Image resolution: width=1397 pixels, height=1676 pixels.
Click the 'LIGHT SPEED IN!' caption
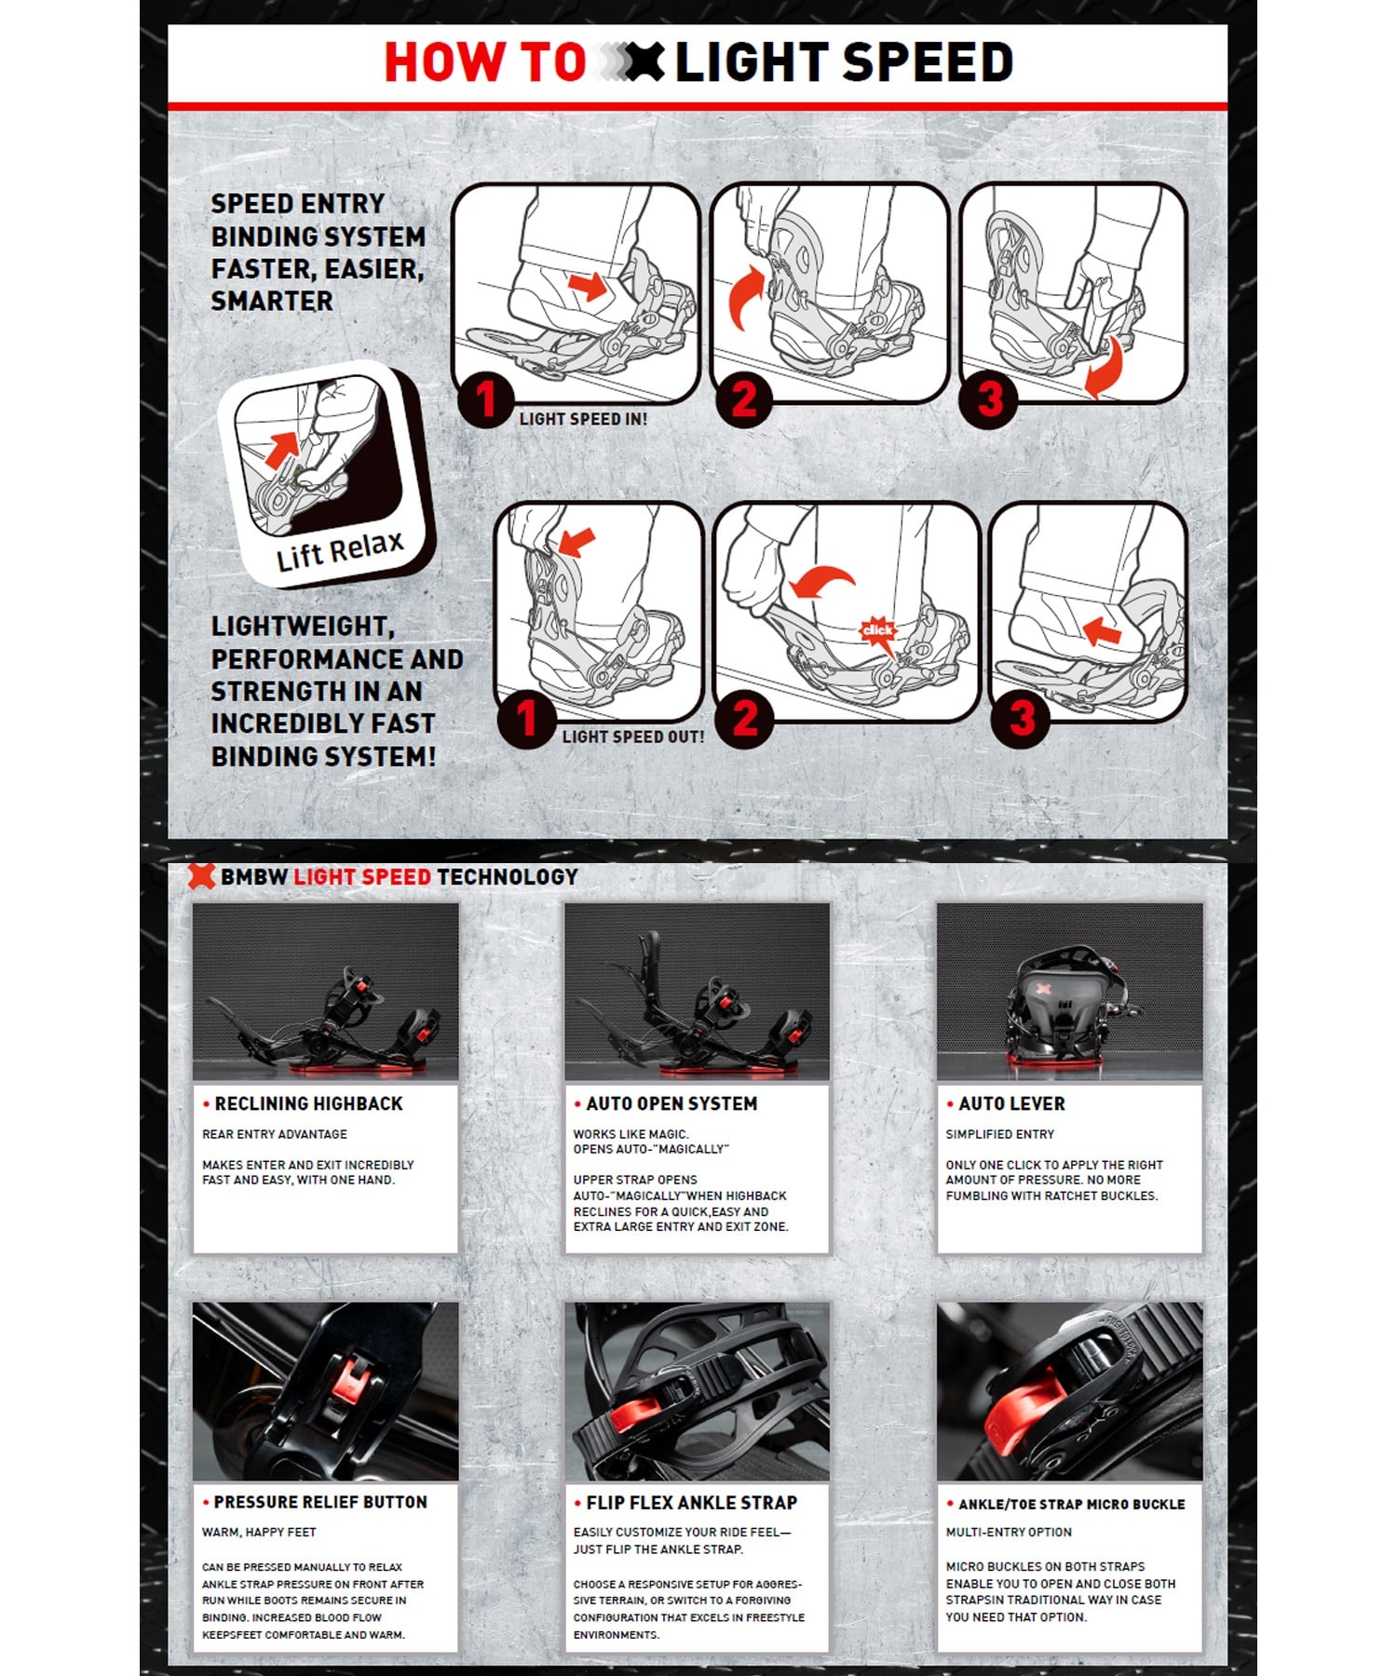tap(583, 419)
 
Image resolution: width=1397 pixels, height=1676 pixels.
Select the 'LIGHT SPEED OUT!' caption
tap(633, 737)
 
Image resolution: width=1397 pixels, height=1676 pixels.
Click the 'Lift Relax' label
tap(340, 551)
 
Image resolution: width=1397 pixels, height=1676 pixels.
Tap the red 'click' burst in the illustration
tap(877, 630)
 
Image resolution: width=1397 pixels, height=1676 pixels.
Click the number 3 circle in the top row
tap(988, 399)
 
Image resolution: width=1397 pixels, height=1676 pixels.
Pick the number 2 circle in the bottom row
tap(744, 718)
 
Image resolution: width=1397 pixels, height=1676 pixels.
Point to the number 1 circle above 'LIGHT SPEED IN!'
tap(485, 399)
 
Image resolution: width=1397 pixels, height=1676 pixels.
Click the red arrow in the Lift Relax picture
tap(282, 450)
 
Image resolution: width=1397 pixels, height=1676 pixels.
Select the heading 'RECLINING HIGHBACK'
tap(308, 1103)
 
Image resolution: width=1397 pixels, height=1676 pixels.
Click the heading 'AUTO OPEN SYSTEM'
tap(671, 1103)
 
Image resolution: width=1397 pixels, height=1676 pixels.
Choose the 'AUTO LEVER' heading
tap(1011, 1103)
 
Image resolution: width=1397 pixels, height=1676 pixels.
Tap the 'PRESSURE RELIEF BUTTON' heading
tap(320, 1502)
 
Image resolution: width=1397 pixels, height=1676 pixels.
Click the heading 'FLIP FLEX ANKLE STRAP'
tap(692, 1502)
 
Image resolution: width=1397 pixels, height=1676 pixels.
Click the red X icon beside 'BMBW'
tap(201, 875)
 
